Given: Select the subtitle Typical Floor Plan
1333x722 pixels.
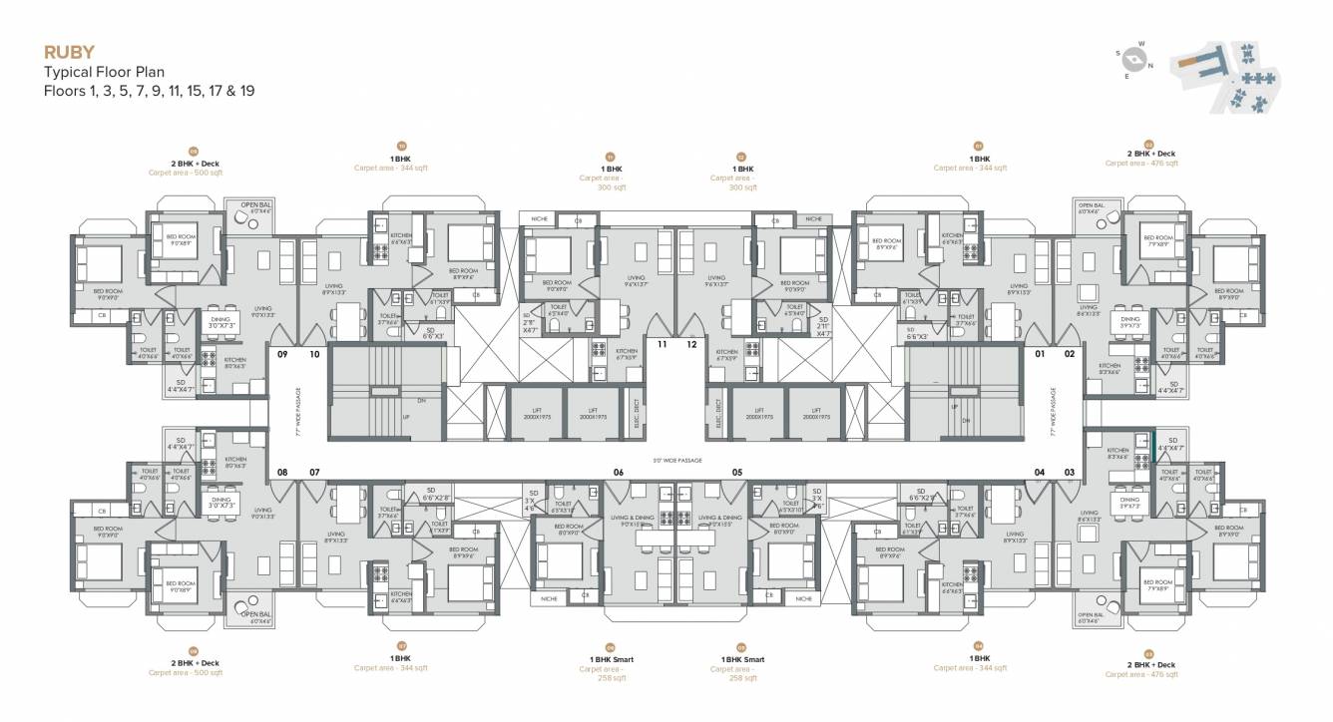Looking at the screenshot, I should coord(103,72).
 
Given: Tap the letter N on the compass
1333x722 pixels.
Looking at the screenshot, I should coord(1150,66).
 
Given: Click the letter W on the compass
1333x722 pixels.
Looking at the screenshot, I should coord(1140,44).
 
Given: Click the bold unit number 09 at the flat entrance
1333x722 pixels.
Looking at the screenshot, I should coord(282,353).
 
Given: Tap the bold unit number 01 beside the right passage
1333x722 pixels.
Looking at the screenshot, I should coord(1039,353).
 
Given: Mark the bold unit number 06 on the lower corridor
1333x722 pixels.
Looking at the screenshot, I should coord(619,472).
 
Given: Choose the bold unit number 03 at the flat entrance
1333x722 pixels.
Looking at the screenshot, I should coord(1070,472).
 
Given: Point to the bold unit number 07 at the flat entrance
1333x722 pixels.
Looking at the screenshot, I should coord(314,472).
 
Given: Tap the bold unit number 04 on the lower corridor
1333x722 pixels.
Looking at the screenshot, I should coord(1039,472).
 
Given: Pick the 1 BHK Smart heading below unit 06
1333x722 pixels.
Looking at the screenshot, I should coord(611,659).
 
